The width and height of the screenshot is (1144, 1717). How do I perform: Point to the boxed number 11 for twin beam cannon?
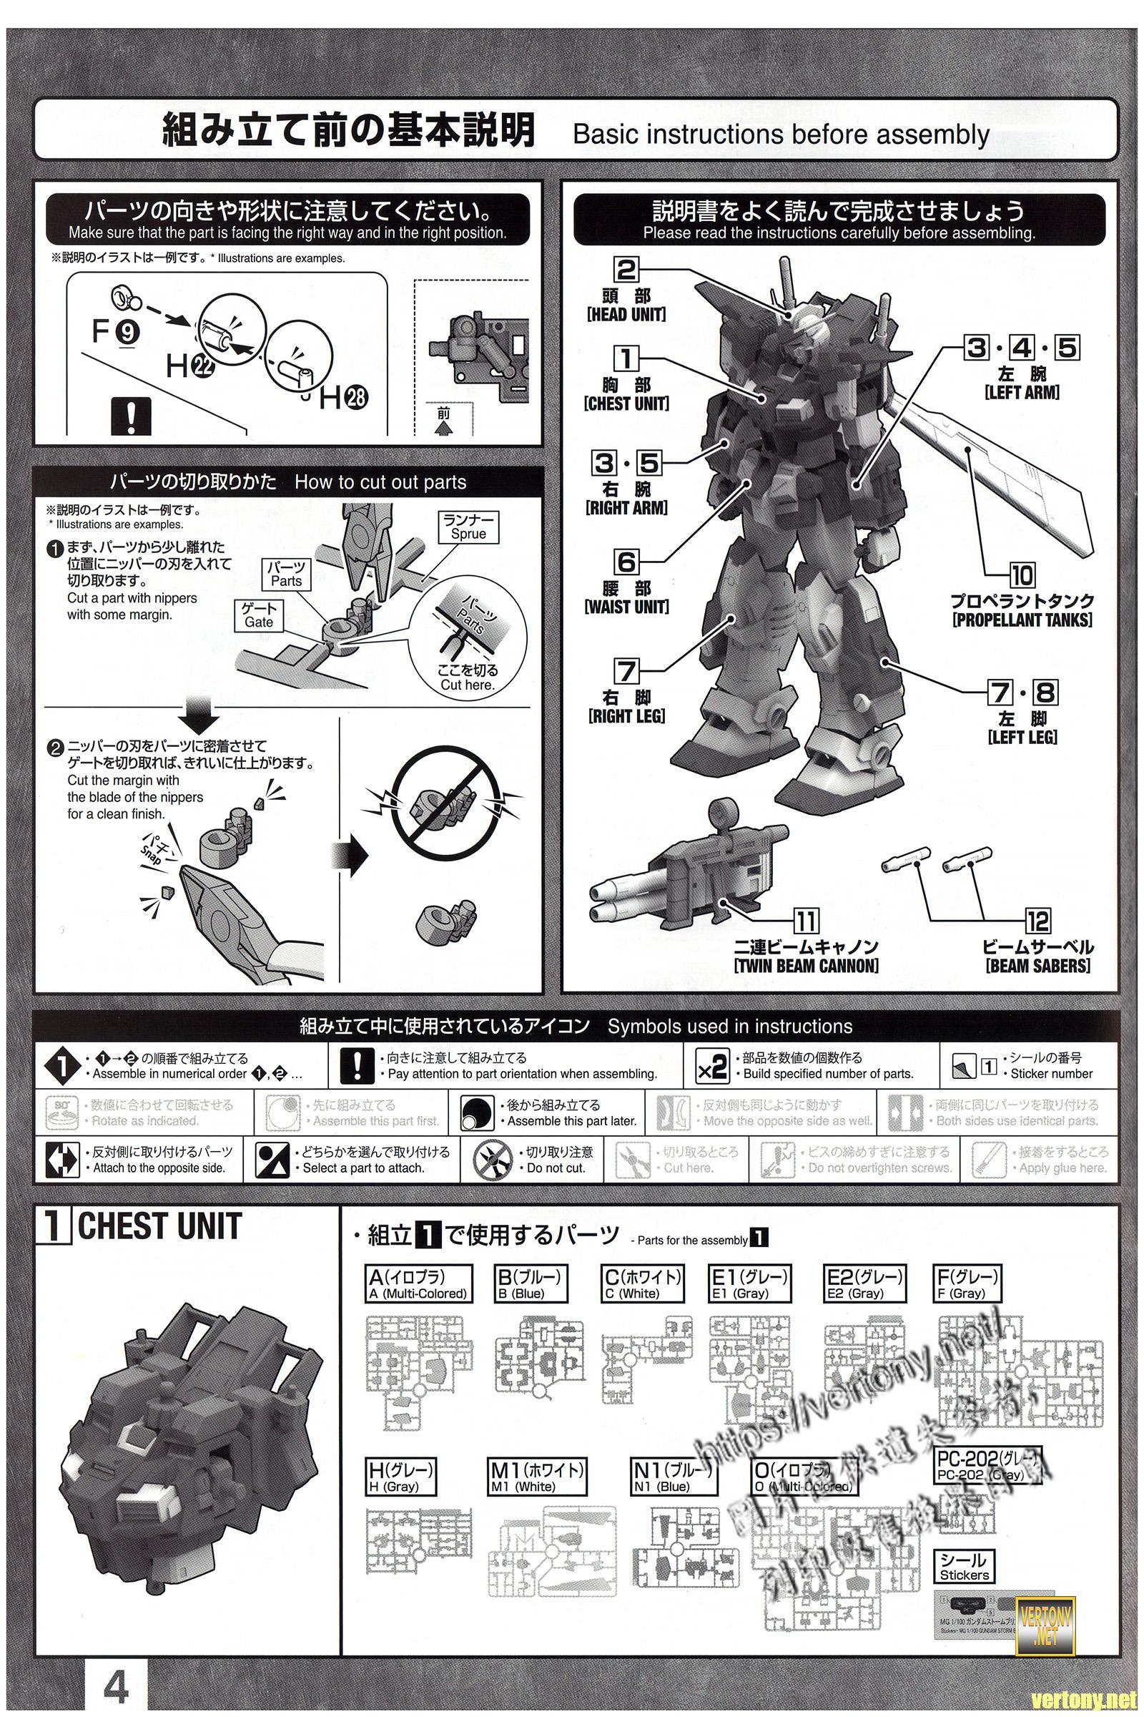click(x=806, y=921)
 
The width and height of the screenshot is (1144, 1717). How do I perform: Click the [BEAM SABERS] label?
click(x=1038, y=966)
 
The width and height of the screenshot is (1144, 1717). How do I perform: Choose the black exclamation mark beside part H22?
click(x=130, y=418)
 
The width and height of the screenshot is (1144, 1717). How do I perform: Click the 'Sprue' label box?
click(x=468, y=527)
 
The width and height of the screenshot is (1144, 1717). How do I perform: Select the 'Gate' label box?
click(x=259, y=615)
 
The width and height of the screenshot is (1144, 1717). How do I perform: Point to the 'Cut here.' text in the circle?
click(x=468, y=685)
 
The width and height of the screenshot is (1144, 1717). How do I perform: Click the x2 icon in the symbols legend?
click(x=711, y=1067)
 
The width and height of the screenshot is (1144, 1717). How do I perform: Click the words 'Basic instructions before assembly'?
click(x=781, y=134)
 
